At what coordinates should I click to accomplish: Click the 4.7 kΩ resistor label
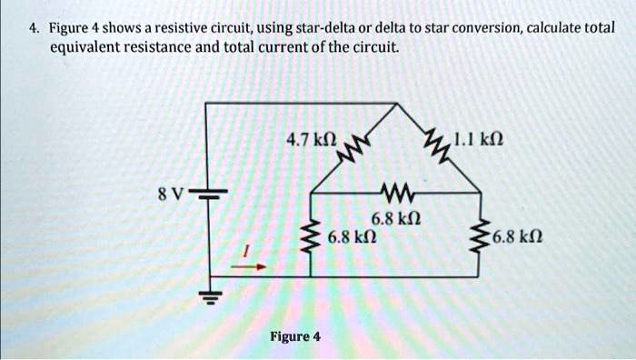pos(310,141)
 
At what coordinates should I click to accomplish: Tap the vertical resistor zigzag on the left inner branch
pos(312,238)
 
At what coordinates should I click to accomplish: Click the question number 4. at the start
pos(33,28)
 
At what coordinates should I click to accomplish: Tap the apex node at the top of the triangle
pos(394,104)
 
